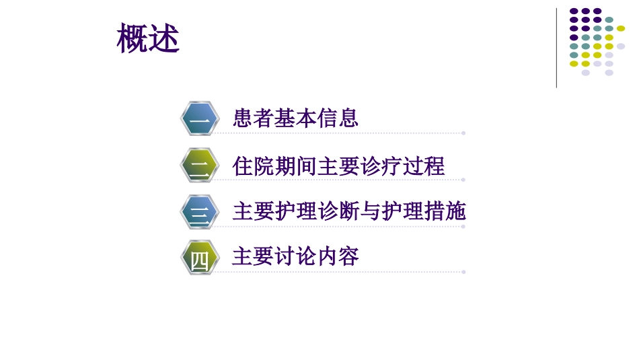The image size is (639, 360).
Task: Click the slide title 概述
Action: (x=148, y=38)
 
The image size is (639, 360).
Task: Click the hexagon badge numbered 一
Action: (x=200, y=119)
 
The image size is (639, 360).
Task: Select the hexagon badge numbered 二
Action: (x=200, y=166)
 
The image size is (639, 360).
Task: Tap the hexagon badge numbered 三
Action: (x=200, y=212)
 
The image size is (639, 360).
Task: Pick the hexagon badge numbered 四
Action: (x=200, y=258)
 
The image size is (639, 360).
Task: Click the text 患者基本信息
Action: (x=295, y=118)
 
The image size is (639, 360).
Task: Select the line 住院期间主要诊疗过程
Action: (x=338, y=166)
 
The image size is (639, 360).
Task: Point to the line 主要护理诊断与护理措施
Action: (x=349, y=211)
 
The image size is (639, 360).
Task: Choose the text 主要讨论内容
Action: (x=295, y=256)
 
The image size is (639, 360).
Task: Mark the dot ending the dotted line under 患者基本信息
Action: (x=463, y=133)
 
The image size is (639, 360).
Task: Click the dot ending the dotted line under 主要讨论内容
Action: (x=463, y=272)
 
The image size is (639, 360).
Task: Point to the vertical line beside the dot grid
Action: (x=556, y=48)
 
